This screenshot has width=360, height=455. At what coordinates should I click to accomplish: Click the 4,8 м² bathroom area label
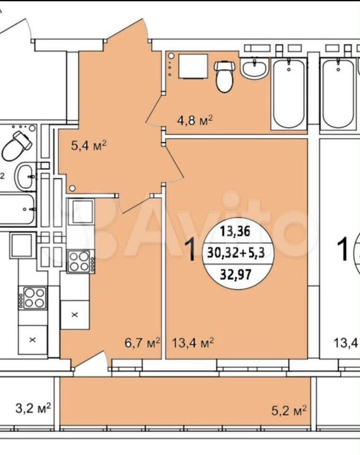195,119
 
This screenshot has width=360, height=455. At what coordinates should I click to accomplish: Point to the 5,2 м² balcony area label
289,410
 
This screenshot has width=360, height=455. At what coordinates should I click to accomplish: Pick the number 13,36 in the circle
235,232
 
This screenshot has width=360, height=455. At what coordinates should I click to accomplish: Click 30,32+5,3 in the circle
236,253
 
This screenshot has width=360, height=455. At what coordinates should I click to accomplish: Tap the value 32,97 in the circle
235,273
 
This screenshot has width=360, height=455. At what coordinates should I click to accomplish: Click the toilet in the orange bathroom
224,76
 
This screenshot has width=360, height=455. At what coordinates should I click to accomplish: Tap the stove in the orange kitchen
81,261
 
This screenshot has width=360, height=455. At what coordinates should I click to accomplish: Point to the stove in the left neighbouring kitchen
32,298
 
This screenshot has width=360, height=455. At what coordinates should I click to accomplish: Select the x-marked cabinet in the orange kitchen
75,315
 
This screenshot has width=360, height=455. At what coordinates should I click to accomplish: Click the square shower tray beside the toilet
193,66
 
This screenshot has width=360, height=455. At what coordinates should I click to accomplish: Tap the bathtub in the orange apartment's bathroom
289,93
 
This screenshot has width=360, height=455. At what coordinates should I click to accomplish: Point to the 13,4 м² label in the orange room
193,343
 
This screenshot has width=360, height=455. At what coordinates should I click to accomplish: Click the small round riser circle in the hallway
72,189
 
